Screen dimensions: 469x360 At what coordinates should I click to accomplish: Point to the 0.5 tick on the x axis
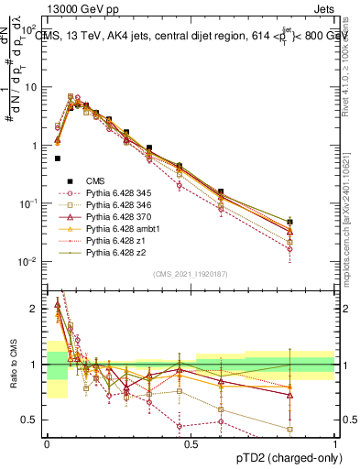[x=191, y=442]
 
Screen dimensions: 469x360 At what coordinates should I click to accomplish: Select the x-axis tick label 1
[x=335, y=442]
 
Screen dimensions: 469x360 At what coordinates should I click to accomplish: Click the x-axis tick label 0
[x=48, y=442]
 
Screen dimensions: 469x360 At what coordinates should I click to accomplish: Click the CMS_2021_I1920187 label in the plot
[x=190, y=275]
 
